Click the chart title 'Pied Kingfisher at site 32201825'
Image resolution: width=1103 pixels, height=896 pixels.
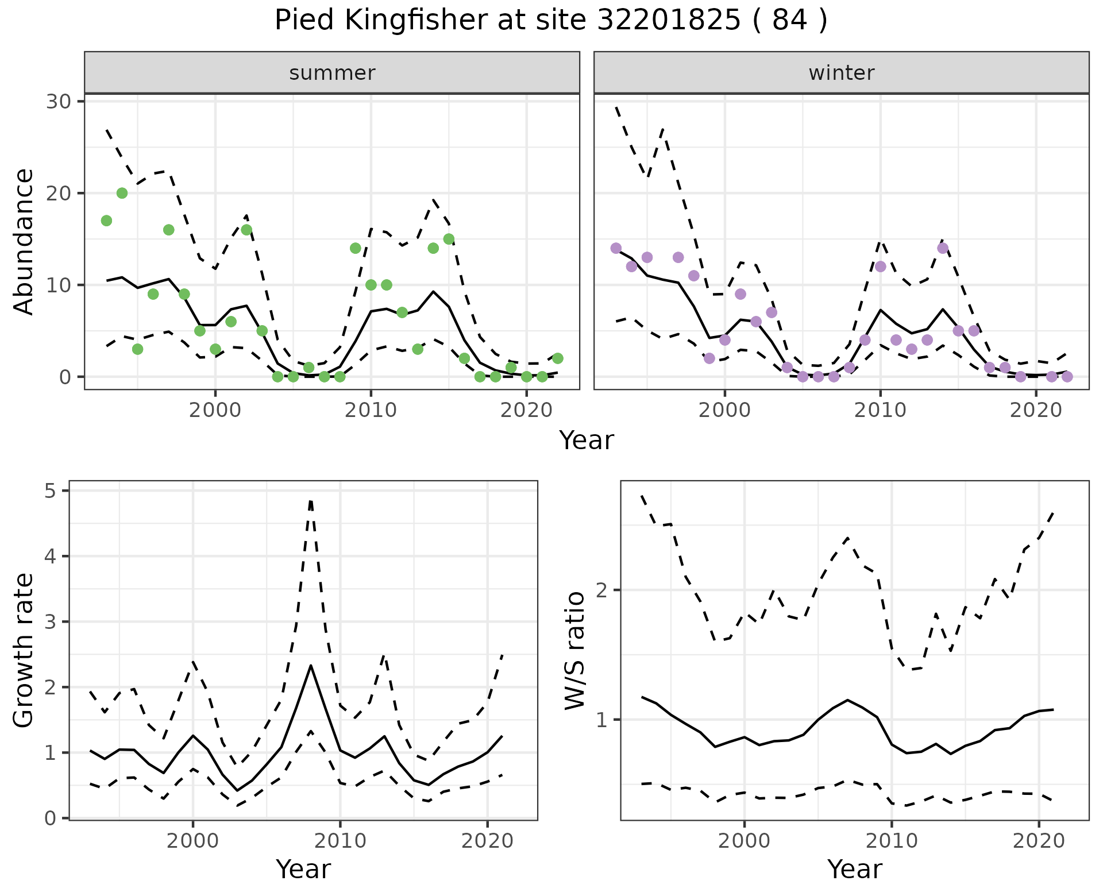pos(550,21)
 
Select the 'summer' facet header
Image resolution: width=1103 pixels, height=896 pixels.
pos(332,73)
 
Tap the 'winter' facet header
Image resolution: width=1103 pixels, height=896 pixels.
pos(841,73)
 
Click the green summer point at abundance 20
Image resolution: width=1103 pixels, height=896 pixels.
pos(122,193)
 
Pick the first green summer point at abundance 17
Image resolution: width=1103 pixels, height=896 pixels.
pos(106,221)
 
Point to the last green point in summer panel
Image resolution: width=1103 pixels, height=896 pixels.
pos(557,358)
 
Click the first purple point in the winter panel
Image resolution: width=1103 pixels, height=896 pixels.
pos(616,248)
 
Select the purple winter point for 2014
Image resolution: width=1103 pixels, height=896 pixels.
pos(943,248)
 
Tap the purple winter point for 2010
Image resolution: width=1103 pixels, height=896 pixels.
pos(880,267)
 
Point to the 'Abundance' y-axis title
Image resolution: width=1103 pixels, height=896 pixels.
pos(24,241)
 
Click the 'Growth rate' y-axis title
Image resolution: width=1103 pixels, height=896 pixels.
pos(24,650)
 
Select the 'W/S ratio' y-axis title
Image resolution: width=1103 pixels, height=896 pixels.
pos(574,650)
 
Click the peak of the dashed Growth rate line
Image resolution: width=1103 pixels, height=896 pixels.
pos(311,501)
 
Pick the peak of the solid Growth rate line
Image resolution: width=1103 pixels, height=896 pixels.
pos(311,665)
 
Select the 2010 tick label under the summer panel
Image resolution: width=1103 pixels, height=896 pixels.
pos(371,410)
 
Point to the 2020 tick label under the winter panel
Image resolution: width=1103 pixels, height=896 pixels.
pos(1036,410)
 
